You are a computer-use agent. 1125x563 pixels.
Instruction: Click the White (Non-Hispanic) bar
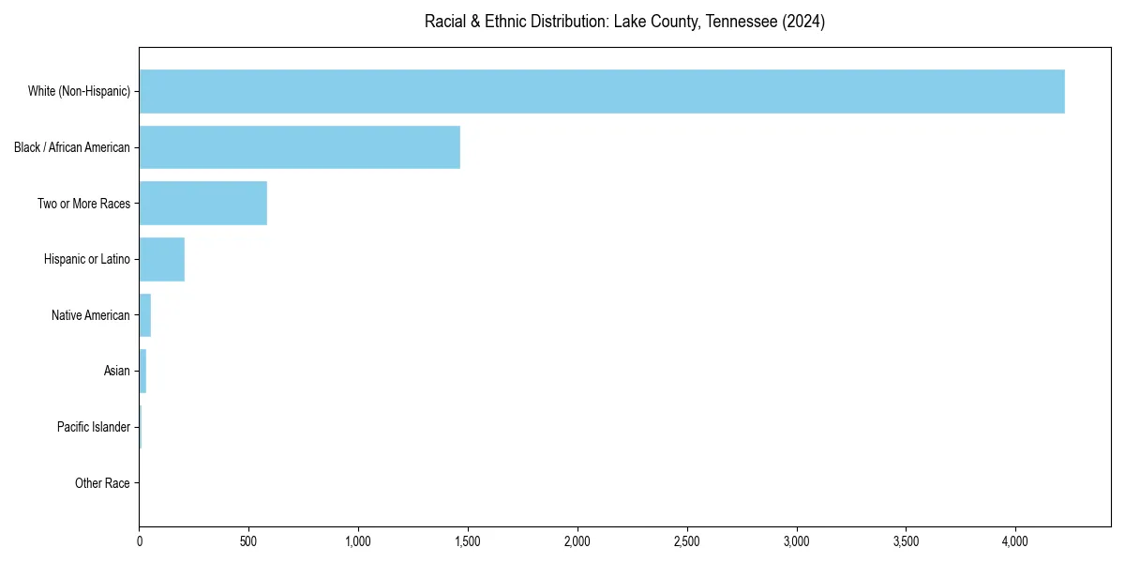(601, 91)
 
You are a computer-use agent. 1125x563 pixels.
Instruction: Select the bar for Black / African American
(299, 147)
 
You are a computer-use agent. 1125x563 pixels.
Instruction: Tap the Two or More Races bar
(202, 204)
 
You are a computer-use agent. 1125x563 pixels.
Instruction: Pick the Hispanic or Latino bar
(161, 259)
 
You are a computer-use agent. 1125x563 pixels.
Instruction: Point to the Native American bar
(144, 315)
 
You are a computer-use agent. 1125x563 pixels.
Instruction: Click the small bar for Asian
(142, 372)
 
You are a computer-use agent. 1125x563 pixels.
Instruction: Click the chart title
(624, 22)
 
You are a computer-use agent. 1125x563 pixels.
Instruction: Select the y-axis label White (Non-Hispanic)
(79, 91)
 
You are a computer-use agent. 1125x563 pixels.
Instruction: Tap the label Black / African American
(72, 147)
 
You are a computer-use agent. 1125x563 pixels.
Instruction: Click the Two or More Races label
(83, 204)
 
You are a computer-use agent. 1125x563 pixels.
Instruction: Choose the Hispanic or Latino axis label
(86, 259)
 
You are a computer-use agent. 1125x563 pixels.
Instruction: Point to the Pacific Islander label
(93, 427)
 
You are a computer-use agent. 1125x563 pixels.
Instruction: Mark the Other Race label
(102, 483)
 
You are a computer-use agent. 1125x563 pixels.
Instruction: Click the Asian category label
(116, 372)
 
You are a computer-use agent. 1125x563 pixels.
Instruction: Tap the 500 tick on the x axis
(248, 541)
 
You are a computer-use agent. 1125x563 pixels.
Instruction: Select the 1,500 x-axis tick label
(468, 541)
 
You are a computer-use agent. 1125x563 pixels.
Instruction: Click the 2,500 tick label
(687, 541)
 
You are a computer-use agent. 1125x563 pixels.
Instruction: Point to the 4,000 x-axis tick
(1015, 541)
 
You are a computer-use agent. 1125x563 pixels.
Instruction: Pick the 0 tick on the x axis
(139, 541)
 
